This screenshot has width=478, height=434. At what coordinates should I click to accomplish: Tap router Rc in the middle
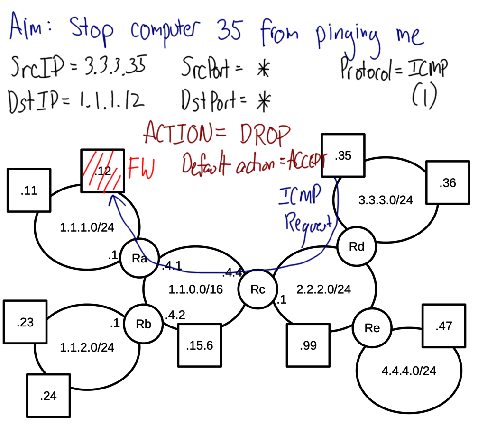[257, 289]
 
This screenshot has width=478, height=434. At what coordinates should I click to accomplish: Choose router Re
[372, 328]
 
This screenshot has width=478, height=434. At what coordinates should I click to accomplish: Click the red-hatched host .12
[102, 171]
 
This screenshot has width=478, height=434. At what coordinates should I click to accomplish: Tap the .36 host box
[447, 182]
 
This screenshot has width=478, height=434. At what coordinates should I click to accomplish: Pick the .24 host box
[48, 396]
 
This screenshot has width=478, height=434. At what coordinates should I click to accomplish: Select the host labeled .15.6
[200, 345]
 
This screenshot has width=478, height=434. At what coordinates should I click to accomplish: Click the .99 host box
[308, 345]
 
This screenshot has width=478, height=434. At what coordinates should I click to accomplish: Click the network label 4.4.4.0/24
[408, 371]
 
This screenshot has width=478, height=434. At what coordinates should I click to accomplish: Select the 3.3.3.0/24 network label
[385, 200]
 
